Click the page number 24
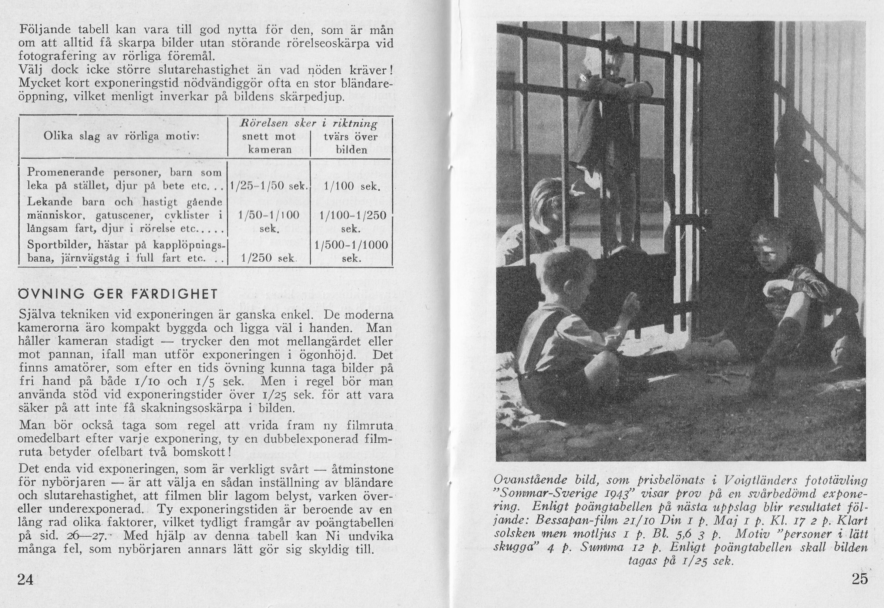click(26, 580)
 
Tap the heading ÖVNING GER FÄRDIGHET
click(118, 295)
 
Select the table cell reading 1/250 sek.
click(269, 258)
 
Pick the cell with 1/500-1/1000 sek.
click(351, 251)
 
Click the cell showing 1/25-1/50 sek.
click(269, 186)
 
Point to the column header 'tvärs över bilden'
click(351, 143)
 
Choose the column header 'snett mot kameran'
click(269, 143)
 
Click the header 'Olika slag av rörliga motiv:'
click(121, 137)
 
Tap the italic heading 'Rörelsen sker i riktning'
click(309, 124)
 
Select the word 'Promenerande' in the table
click(66, 172)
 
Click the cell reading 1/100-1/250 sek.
click(351, 222)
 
